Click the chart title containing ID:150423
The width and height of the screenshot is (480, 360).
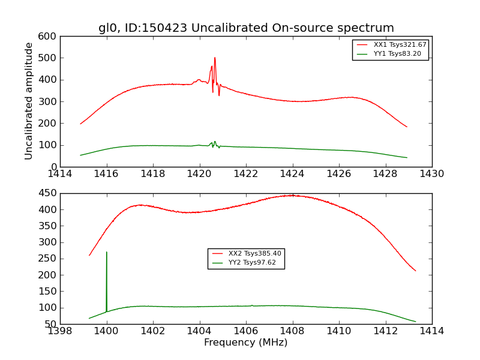point(246,28)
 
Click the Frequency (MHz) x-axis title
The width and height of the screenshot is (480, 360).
point(246,343)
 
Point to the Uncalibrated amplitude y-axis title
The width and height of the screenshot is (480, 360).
point(29,101)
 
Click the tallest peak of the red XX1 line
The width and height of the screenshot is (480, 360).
point(215,58)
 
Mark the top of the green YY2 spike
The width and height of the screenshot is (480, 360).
point(107,252)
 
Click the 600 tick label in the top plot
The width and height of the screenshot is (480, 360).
point(49,36)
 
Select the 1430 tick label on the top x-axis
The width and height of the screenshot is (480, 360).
point(431,174)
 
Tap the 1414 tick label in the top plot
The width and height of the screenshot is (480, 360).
point(61,174)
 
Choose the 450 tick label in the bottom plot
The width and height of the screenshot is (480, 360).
point(49,193)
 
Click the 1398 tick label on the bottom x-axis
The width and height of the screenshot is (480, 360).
point(61,331)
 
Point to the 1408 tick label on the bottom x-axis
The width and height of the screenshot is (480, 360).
point(292,331)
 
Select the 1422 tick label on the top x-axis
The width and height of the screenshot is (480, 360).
point(246,174)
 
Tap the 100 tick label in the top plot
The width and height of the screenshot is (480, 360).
point(49,145)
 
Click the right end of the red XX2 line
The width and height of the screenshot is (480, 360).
point(415,271)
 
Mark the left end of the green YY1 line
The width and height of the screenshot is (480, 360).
point(80,155)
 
